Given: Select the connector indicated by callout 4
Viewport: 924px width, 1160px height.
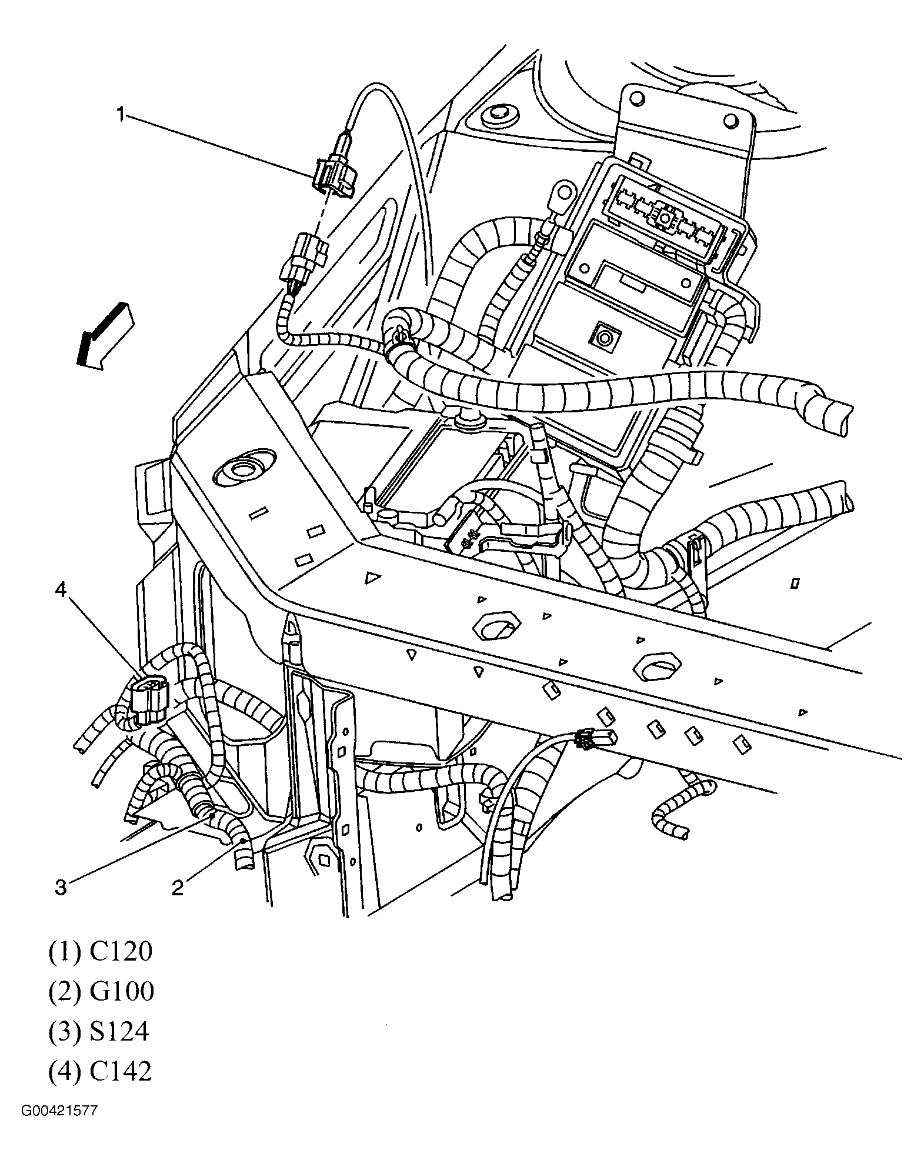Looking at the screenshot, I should tap(149, 700).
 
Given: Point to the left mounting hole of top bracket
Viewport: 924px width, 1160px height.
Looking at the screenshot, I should tap(635, 96).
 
